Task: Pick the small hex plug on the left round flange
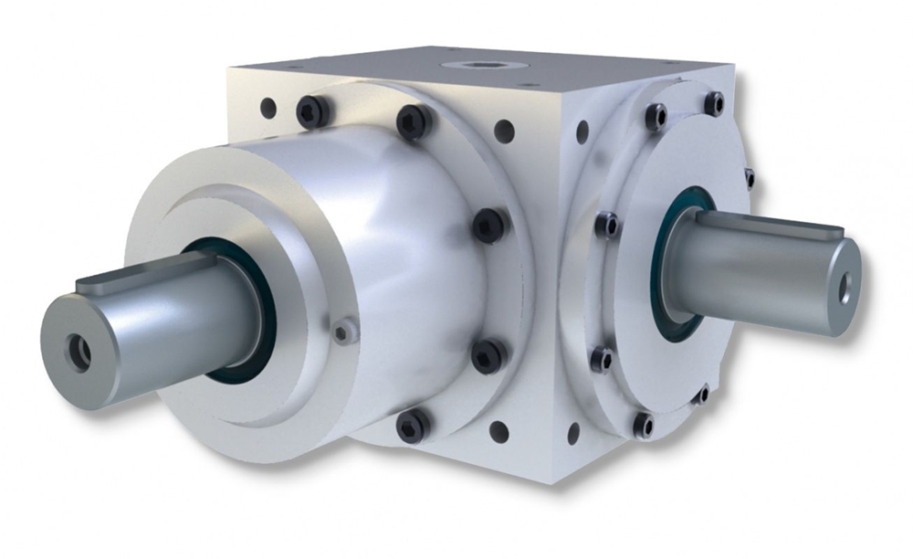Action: [x=342, y=332]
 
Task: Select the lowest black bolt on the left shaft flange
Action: [x=413, y=425]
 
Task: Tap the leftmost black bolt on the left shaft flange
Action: [x=313, y=111]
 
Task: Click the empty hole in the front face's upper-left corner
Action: [x=268, y=108]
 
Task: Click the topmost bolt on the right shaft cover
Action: [x=713, y=102]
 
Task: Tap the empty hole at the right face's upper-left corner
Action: [x=582, y=132]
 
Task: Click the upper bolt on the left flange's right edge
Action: [x=488, y=224]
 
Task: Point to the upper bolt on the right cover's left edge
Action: [x=606, y=224]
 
